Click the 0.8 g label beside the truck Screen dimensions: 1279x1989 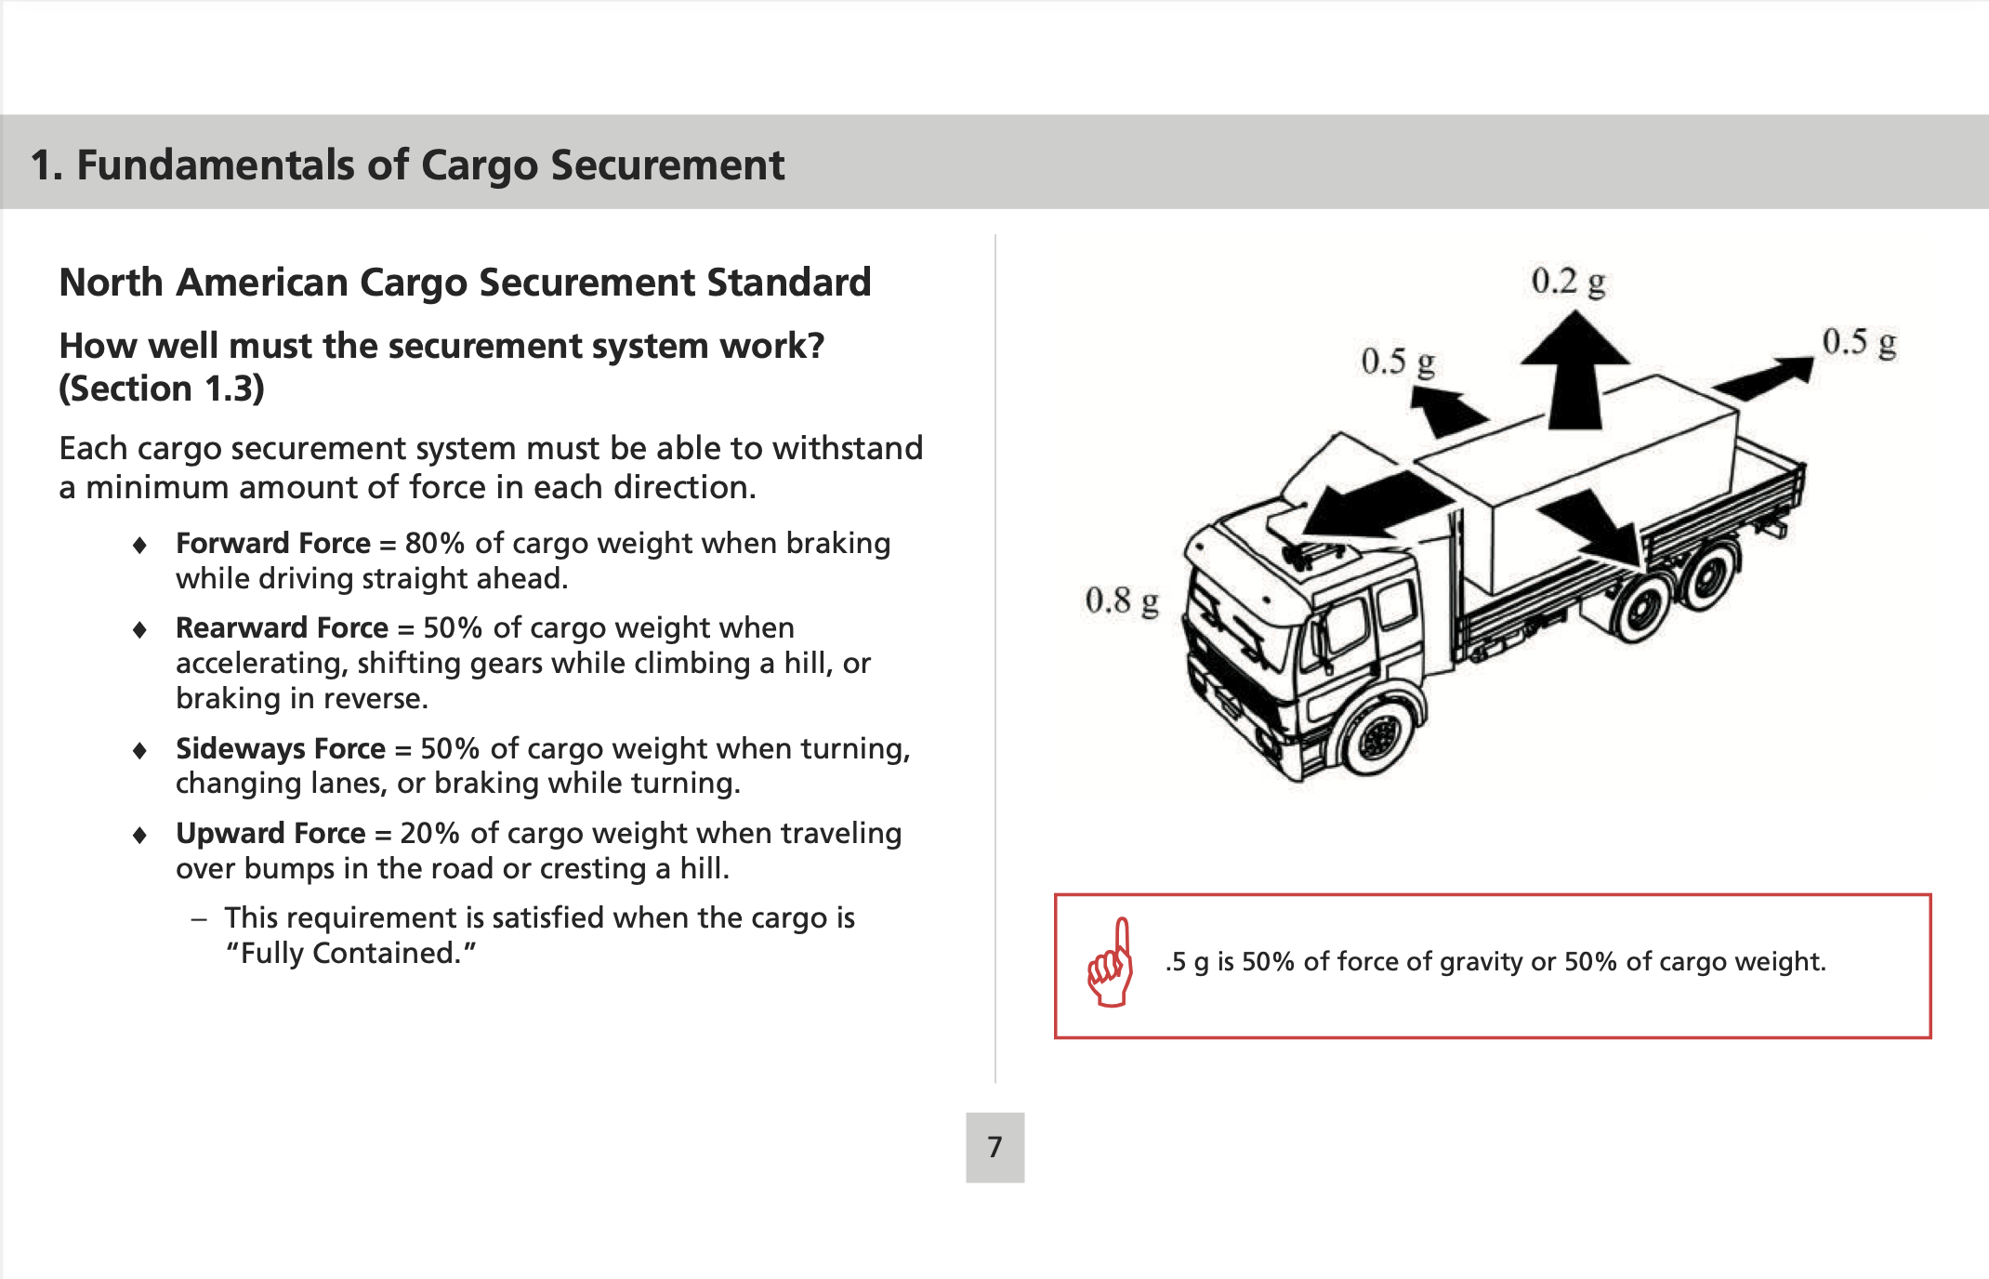click(x=1121, y=601)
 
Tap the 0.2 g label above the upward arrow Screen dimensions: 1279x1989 click(x=1568, y=282)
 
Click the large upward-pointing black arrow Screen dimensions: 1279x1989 click(x=1574, y=372)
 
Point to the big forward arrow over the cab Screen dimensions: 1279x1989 click(x=1366, y=507)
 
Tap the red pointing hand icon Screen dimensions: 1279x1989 click(x=1111, y=964)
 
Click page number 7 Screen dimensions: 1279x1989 click(x=994, y=1147)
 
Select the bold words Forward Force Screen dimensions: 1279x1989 click(x=272, y=543)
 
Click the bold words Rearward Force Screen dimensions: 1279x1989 click(x=282, y=627)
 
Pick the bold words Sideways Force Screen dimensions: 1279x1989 click(x=280, y=748)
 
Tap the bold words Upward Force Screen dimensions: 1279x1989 click(x=270, y=833)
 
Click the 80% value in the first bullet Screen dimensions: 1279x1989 click(x=434, y=543)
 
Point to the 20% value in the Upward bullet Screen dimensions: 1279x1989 click(x=429, y=833)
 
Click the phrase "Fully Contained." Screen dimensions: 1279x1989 click(x=351, y=954)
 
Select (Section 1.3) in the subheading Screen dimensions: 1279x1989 click(x=162, y=389)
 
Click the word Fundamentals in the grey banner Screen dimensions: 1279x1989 click(x=215, y=165)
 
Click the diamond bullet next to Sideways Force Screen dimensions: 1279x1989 click(x=139, y=750)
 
